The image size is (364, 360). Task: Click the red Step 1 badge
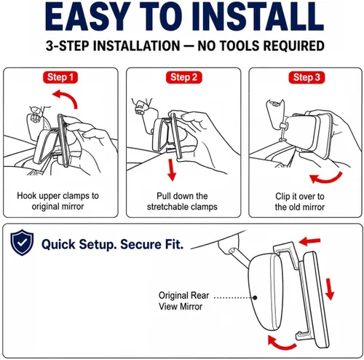[60, 77]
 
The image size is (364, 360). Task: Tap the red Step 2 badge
[183, 77]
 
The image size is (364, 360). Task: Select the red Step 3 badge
[306, 78]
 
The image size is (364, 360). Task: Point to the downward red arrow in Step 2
[172, 170]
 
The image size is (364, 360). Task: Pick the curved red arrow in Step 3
[328, 179]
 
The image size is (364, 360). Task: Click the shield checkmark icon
[22, 242]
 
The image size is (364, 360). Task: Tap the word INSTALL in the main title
[259, 17]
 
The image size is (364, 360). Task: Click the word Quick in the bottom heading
[58, 244]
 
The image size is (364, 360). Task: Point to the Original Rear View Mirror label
[183, 301]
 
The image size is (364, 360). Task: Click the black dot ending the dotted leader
[255, 297]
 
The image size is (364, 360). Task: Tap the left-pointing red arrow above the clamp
[309, 241]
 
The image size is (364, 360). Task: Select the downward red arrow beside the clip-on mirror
[330, 289]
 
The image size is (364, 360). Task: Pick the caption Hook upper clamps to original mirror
[58, 201]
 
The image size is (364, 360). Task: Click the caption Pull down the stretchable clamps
[182, 201]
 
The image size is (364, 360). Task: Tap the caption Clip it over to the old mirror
[300, 202]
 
